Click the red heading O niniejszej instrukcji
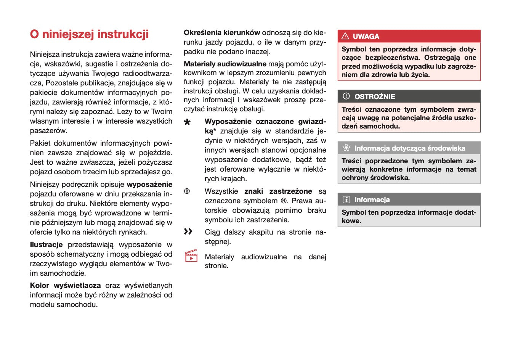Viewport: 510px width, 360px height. (x=89, y=34)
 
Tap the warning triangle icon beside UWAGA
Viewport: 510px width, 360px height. (x=345, y=36)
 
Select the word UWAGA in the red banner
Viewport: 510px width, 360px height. (x=366, y=37)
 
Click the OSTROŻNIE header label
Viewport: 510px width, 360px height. (x=375, y=96)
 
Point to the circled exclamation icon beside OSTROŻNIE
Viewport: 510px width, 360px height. (x=346, y=96)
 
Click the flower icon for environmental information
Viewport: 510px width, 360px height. (x=346, y=148)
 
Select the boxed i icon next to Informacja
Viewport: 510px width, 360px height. (x=346, y=199)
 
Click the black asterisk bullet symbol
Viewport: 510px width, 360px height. (x=187, y=122)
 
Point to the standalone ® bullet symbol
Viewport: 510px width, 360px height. (x=187, y=191)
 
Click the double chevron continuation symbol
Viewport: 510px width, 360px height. (x=188, y=231)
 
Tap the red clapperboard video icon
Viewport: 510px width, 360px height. (x=191, y=256)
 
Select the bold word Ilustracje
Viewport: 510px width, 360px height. (x=46, y=244)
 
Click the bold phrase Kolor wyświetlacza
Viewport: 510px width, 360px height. (x=65, y=285)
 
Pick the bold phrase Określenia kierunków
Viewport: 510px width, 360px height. (x=222, y=33)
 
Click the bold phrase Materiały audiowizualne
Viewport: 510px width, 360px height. (x=225, y=64)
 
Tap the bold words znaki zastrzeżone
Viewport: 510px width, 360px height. (x=278, y=191)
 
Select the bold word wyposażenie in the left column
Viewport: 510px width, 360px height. (x=149, y=184)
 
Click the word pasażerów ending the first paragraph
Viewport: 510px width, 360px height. (x=48, y=130)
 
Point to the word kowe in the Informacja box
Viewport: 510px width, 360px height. (x=351, y=221)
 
